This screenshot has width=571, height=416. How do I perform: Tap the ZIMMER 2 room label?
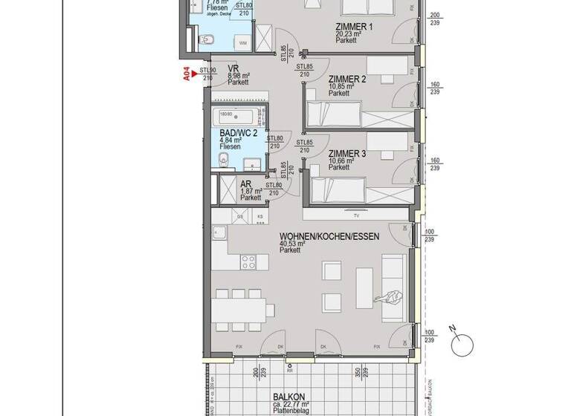347,79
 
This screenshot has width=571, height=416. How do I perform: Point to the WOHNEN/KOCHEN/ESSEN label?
329,236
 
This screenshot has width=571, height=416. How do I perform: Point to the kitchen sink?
222,235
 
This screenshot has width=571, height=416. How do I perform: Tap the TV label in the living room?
356,216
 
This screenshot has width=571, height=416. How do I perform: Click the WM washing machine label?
244,43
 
